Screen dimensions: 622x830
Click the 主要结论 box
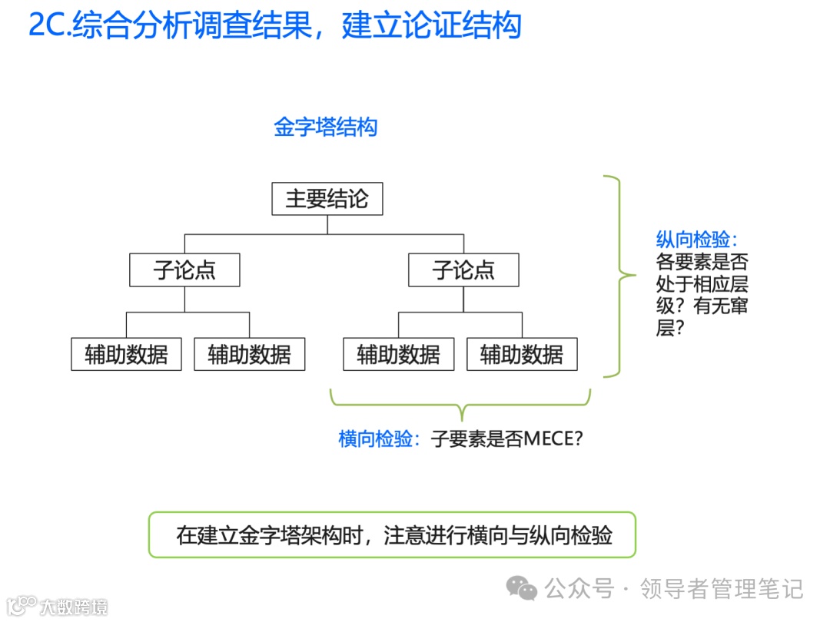[327, 200]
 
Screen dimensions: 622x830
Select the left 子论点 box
[184, 270]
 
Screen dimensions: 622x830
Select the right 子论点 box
[463, 270]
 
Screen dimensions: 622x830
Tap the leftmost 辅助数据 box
[126, 355]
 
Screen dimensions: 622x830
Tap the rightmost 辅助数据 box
[522, 355]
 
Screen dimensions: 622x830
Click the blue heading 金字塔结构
[326, 127]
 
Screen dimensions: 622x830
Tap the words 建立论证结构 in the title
[431, 25]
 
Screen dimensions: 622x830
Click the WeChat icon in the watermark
[526, 589]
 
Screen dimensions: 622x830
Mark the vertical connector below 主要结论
[327, 224]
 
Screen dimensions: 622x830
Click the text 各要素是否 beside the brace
[702, 262]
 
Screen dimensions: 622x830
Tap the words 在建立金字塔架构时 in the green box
[271, 535]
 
